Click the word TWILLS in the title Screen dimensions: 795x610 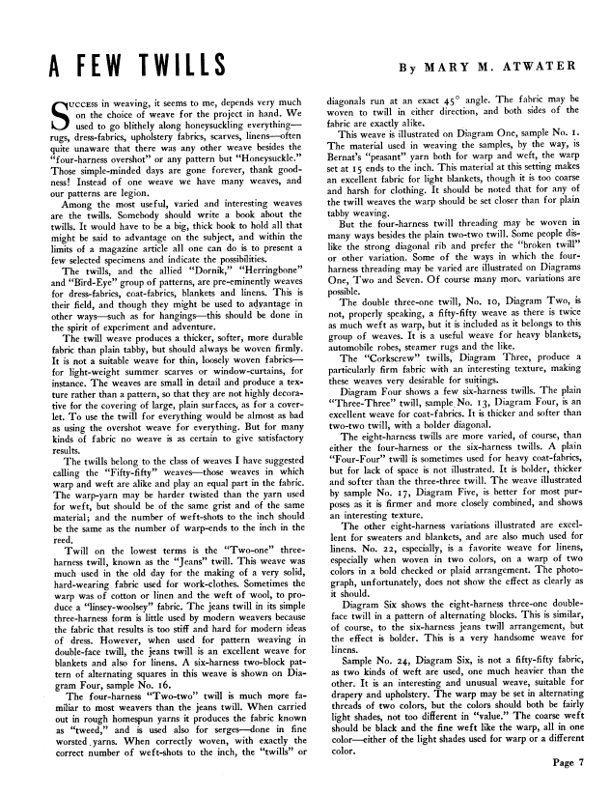click(x=180, y=67)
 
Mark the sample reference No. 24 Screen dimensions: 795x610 click(x=396, y=684)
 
